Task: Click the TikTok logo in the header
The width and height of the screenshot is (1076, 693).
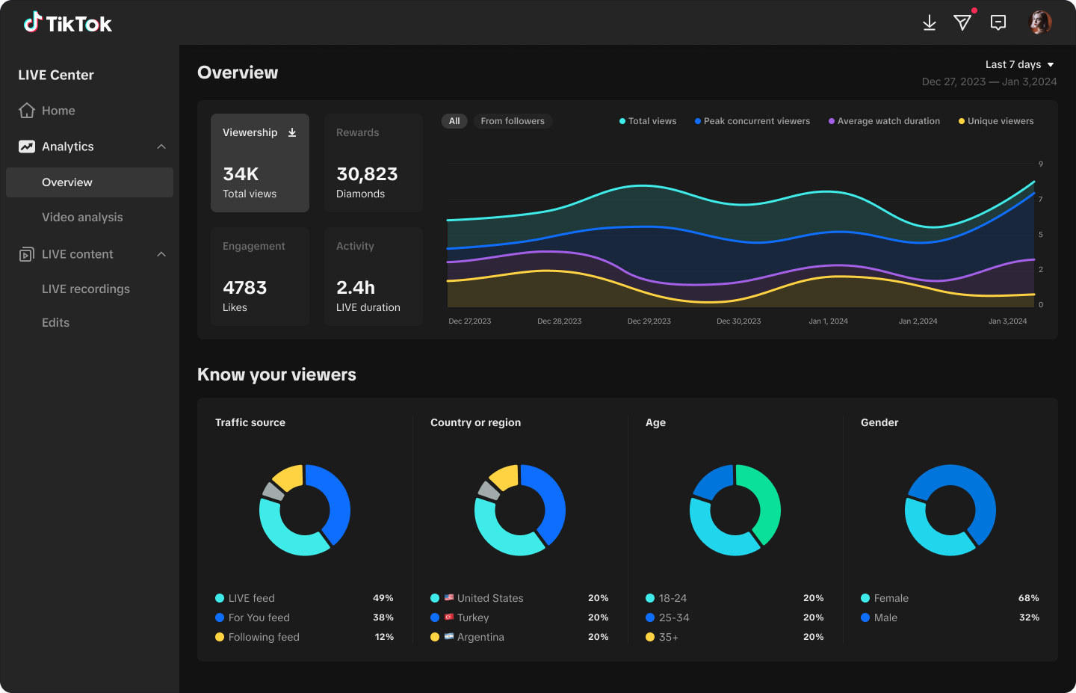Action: pyautogui.click(x=67, y=23)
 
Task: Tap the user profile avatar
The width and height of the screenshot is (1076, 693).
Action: pyautogui.click(x=1040, y=22)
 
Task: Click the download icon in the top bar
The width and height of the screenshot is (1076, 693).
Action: pyautogui.click(x=929, y=23)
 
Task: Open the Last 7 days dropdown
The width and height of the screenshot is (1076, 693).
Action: pyautogui.click(x=1019, y=64)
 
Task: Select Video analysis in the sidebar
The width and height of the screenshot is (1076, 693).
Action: pyautogui.click(x=82, y=218)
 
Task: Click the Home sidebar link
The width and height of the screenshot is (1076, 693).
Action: pyautogui.click(x=58, y=111)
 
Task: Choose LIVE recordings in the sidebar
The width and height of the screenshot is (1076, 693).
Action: pyautogui.click(x=86, y=289)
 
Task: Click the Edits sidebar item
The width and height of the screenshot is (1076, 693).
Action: pyautogui.click(x=55, y=323)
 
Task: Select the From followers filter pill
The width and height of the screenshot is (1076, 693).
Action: pyautogui.click(x=513, y=121)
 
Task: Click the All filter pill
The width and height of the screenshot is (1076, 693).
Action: pyautogui.click(x=454, y=121)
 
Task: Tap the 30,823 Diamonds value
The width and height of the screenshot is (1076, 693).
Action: pyautogui.click(x=367, y=174)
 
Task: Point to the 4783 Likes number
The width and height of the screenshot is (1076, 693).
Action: pyautogui.click(x=244, y=288)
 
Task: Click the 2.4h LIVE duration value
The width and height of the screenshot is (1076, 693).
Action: pyautogui.click(x=356, y=288)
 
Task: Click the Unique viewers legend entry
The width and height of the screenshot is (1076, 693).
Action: pyautogui.click(x=1000, y=121)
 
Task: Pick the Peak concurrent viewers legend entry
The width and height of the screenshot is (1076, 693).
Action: pyautogui.click(x=756, y=121)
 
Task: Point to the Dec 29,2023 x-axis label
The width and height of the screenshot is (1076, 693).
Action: pyautogui.click(x=649, y=321)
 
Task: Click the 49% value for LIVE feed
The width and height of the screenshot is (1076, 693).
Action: pyautogui.click(x=383, y=598)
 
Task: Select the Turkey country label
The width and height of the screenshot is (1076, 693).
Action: pyautogui.click(x=472, y=617)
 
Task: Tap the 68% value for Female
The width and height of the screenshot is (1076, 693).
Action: pyautogui.click(x=1028, y=598)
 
